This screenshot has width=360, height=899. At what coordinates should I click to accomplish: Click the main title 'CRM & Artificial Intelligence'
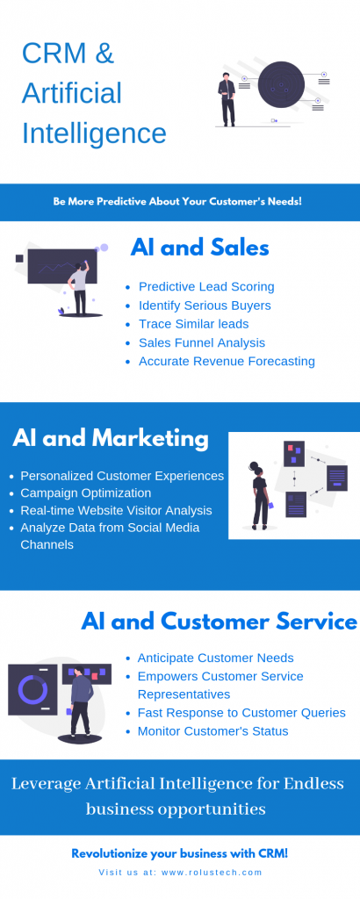tap(94, 93)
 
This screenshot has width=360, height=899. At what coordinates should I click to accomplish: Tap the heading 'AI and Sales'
tap(199, 248)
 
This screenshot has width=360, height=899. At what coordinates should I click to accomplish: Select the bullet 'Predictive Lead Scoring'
tap(206, 287)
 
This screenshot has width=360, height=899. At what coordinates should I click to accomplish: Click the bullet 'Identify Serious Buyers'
tap(205, 306)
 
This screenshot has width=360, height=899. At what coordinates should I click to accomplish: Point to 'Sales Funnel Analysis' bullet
tap(202, 343)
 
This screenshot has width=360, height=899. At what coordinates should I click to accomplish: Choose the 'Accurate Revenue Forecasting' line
tap(227, 361)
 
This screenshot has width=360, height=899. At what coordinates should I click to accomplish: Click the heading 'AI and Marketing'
tap(111, 439)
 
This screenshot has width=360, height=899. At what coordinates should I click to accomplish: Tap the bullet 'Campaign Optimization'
tap(86, 493)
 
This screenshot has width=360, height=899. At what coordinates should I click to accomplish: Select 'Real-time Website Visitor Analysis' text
tap(117, 510)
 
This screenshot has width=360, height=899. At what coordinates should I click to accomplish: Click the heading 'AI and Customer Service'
tap(219, 622)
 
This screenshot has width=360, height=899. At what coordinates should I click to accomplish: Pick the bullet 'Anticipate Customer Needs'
tap(215, 658)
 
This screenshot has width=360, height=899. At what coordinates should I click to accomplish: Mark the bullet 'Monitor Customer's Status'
tap(212, 731)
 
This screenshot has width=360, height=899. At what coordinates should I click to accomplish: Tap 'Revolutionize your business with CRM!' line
tap(180, 853)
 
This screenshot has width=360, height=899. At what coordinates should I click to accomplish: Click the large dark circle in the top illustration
tap(281, 85)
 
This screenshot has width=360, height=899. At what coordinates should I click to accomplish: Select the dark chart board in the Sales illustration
tap(62, 267)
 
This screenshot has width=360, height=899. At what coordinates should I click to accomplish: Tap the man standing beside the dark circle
tap(227, 99)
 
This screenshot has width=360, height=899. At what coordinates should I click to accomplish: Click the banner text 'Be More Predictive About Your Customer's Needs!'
tap(177, 202)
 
